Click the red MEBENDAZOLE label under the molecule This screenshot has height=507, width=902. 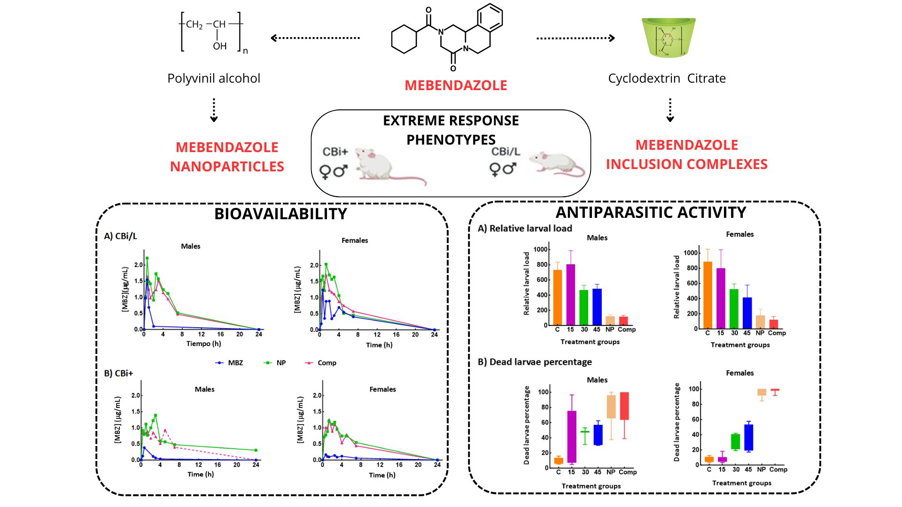point(456,85)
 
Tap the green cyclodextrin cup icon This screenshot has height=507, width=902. point(669,38)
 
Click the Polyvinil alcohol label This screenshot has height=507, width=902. point(214,78)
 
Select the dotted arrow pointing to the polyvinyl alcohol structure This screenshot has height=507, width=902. point(315,38)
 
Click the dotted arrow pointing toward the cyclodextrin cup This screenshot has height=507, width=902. point(575,38)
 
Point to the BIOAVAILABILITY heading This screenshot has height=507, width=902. point(280,214)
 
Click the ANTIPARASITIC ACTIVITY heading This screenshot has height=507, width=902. point(651,213)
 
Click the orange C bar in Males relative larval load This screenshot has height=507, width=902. point(557,297)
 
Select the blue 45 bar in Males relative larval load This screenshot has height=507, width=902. point(597,307)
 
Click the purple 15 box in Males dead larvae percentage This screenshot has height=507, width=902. point(572,437)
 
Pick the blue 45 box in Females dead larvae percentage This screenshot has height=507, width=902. point(748,438)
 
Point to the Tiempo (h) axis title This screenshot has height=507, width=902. point(203,344)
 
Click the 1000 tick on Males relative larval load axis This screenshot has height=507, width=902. point(540,249)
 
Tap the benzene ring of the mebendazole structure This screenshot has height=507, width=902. point(490,18)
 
